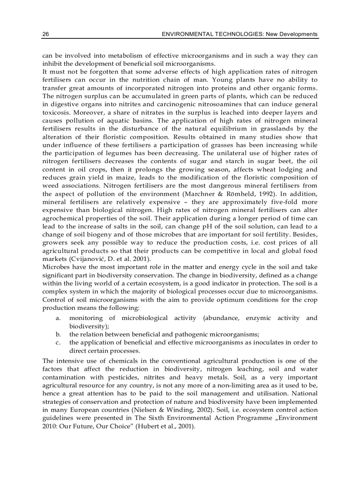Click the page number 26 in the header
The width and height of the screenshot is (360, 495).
coord(45,34)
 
